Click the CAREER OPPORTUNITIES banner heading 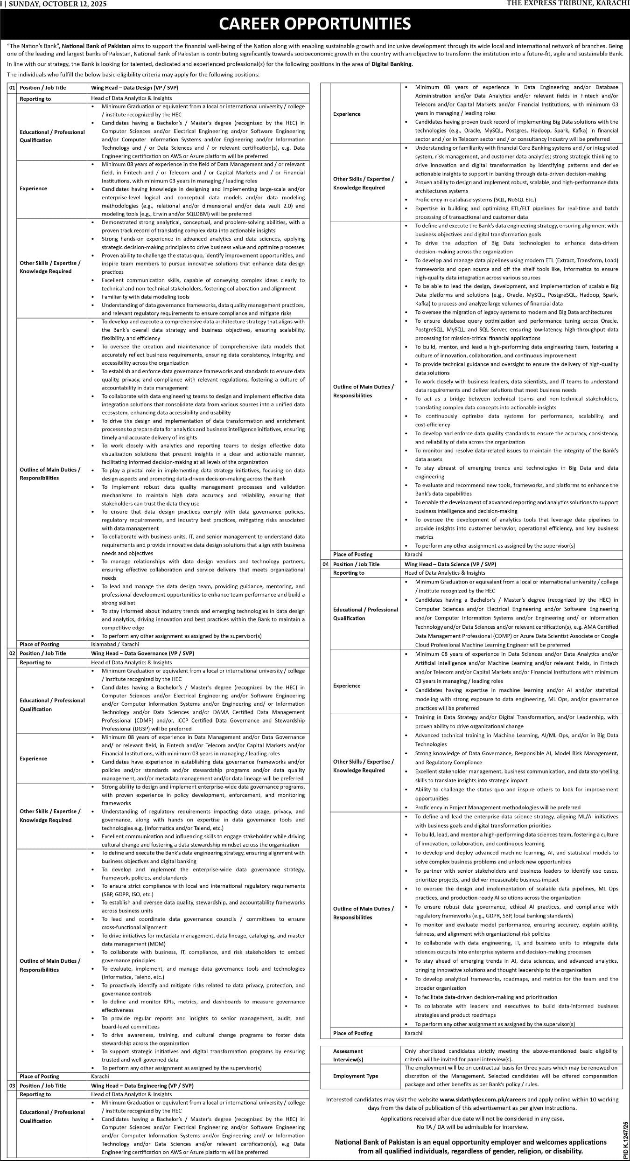click(x=315, y=24)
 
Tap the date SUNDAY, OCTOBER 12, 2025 click(x=57, y=4)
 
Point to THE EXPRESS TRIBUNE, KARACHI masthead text click(x=568, y=4)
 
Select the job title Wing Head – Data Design click(x=134, y=88)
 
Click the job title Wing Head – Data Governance click(x=142, y=653)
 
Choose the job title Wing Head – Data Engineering click(x=142, y=1085)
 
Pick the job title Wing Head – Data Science click(x=450, y=564)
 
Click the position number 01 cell click(x=12, y=88)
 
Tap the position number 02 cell click(x=12, y=653)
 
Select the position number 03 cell click(x=12, y=1085)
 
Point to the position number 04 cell click(x=325, y=564)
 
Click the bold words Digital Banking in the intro click(x=392, y=64)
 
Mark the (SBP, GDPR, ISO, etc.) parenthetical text click(x=127, y=894)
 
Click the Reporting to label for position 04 click(x=349, y=573)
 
